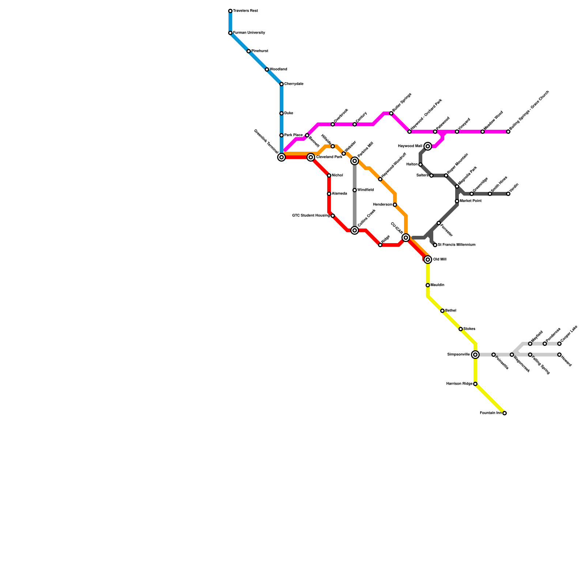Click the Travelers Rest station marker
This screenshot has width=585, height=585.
[x=230, y=11]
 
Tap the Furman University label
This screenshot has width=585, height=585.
[x=249, y=33]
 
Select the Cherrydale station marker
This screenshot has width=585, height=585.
[x=282, y=84]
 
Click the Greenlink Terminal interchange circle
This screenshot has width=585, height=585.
[x=282, y=157]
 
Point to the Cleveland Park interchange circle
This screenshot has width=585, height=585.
[x=311, y=157]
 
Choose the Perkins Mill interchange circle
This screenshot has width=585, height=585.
[x=355, y=161]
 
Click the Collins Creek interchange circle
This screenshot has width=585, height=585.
[x=355, y=230]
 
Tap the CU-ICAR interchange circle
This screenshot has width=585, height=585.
[x=406, y=238]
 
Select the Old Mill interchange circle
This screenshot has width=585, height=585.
[x=428, y=260]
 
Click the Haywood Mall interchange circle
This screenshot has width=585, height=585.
[x=428, y=146]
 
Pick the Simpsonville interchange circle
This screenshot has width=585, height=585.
[x=475, y=355]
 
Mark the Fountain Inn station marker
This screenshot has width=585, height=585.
[x=505, y=413]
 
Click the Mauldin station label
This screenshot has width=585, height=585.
[x=437, y=285]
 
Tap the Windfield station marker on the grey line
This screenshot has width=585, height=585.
[x=355, y=190]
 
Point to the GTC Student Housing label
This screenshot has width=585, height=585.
[x=311, y=216]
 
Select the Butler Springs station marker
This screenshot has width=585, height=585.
[x=391, y=113]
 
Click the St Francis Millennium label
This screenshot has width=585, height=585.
[x=456, y=245]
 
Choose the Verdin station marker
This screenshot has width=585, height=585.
[x=508, y=194]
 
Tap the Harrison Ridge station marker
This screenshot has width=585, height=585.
[x=475, y=384]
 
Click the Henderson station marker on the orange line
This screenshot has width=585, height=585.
[x=395, y=205]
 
